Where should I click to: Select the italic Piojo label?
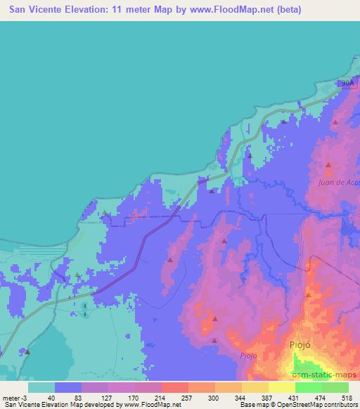[247, 355]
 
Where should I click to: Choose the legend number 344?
[241, 398]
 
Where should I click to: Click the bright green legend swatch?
[309, 387]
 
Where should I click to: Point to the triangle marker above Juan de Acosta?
[328, 166]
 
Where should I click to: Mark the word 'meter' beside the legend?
[8, 398]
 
